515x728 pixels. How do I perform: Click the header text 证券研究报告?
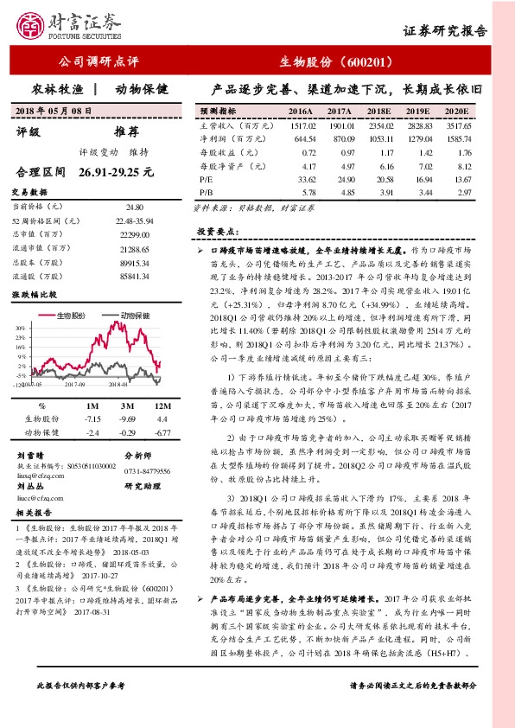tap(446, 31)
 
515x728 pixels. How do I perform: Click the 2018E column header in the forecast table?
tap(378, 112)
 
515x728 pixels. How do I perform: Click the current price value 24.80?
tap(134, 208)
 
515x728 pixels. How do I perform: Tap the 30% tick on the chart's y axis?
tap(19, 329)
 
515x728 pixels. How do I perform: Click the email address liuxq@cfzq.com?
tap(42, 475)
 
